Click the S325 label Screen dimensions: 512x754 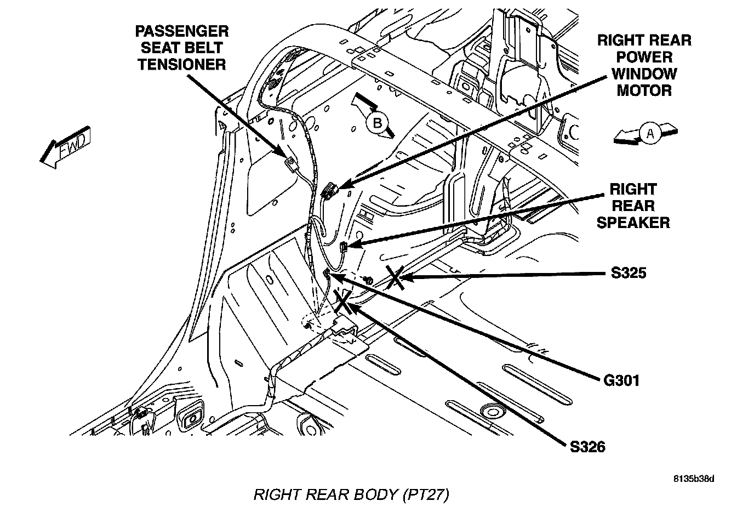click(x=629, y=272)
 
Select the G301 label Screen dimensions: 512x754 click(x=621, y=380)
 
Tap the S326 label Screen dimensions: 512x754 click(x=587, y=447)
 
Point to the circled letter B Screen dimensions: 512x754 click(x=378, y=123)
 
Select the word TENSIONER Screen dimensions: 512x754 click(x=182, y=64)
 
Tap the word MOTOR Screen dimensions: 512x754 click(x=644, y=90)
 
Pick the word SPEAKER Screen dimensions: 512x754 click(x=633, y=223)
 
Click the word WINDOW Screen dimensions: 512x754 click(x=644, y=74)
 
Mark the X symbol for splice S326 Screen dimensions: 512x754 click(x=344, y=302)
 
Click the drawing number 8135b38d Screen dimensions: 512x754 click(x=694, y=479)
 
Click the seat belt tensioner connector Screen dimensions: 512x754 click(x=290, y=163)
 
